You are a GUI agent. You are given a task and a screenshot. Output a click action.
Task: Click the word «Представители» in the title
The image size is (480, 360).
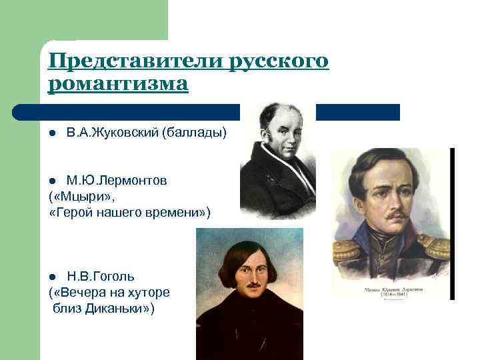coord(136,61)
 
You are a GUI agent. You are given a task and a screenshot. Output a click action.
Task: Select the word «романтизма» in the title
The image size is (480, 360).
coord(119,85)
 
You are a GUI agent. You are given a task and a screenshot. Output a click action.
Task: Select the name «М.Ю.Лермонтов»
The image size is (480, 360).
coord(117,181)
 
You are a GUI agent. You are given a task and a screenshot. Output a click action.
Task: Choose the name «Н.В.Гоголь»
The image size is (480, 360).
coord(101,276)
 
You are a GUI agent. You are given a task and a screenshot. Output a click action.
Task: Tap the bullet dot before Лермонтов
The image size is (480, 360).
coord(53,181)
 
